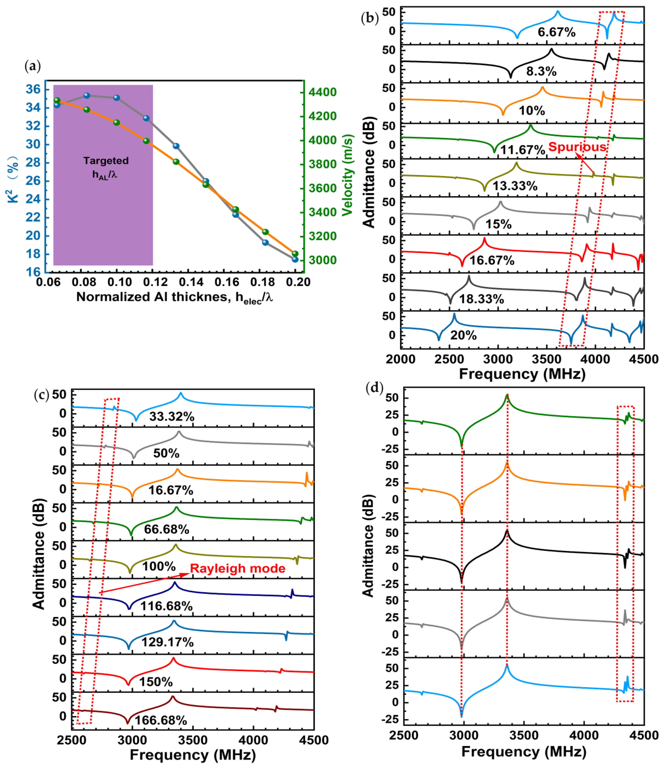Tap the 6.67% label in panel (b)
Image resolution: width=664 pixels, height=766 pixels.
pos(557,32)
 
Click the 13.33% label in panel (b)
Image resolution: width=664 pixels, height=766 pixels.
pos(515,186)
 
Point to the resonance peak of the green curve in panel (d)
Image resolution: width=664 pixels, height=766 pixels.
pos(507,396)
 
